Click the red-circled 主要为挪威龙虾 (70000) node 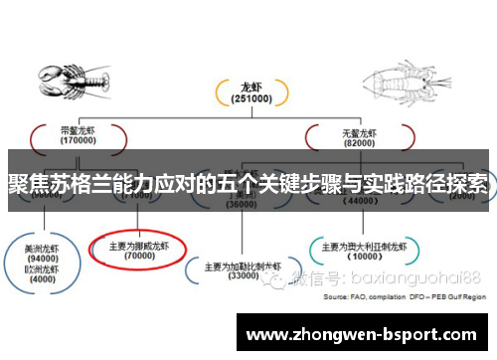137,248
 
